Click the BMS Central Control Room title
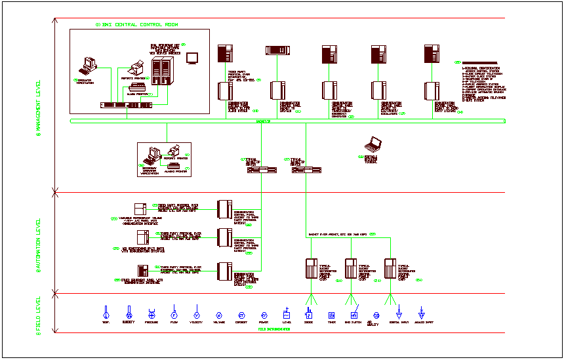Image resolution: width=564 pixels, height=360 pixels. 137,24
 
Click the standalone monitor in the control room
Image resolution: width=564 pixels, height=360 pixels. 192,58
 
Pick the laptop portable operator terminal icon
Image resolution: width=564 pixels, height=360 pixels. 374,143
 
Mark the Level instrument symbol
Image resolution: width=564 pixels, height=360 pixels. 287,313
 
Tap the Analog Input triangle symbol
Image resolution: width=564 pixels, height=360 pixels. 421,313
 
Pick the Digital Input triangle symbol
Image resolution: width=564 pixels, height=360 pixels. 398,313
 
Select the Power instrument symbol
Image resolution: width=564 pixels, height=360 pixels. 264,315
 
